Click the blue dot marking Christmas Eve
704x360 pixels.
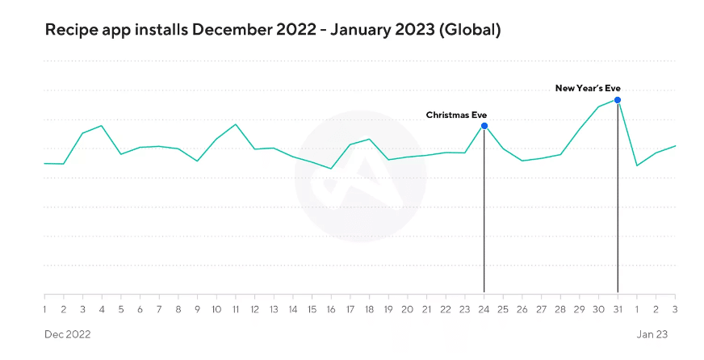pos(484,126)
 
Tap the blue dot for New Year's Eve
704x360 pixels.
pos(618,100)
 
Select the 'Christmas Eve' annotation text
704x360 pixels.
pos(456,115)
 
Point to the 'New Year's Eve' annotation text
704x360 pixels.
pos(588,88)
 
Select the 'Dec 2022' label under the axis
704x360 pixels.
pos(67,334)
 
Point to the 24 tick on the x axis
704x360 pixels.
pos(484,309)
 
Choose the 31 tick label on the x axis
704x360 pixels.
pos(618,309)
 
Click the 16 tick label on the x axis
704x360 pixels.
pos(331,309)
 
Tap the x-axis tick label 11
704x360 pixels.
pos(235,309)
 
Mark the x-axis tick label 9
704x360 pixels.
pos(198,309)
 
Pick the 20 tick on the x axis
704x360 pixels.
pos(408,309)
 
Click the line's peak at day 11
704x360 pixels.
pos(235,124)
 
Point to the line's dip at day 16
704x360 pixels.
pos(331,169)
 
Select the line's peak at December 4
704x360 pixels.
pos(102,126)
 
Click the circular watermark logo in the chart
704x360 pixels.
pos(360,176)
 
